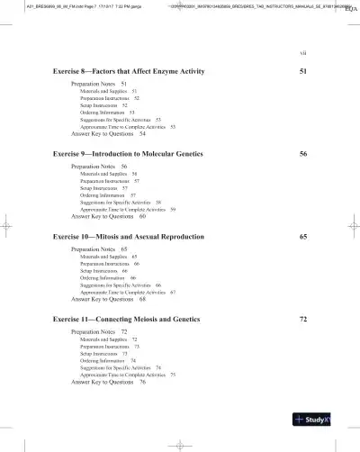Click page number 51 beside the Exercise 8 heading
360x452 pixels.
click(303, 70)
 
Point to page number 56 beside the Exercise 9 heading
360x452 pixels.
click(303, 155)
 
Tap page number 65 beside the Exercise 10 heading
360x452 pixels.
click(303, 236)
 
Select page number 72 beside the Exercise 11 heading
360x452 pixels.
click(303, 320)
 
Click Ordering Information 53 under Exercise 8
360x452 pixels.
click(106, 112)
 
